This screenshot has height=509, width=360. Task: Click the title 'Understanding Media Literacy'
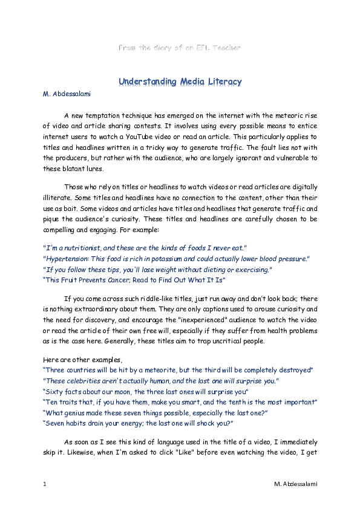pos(180,81)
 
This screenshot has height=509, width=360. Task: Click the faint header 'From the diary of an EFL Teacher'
pos(180,47)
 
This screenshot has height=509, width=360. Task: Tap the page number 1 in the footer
pos(44,484)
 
